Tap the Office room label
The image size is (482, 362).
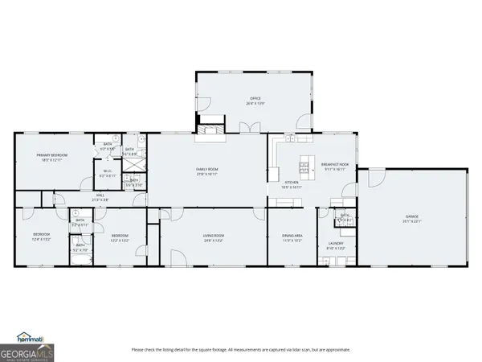[x=255, y=101]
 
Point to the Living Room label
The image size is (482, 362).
[x=213, y=237]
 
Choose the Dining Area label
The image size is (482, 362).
[x=291, y=237]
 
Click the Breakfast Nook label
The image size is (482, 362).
[x=333, y=167]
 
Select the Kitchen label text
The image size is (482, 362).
[x=291, y=184]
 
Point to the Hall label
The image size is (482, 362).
[x=100, y=196]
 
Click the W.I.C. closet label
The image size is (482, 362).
[x=107, y=173]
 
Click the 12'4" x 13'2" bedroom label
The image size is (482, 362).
[x=41, y=237]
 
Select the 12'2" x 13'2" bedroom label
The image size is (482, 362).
[x=120, y=237]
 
